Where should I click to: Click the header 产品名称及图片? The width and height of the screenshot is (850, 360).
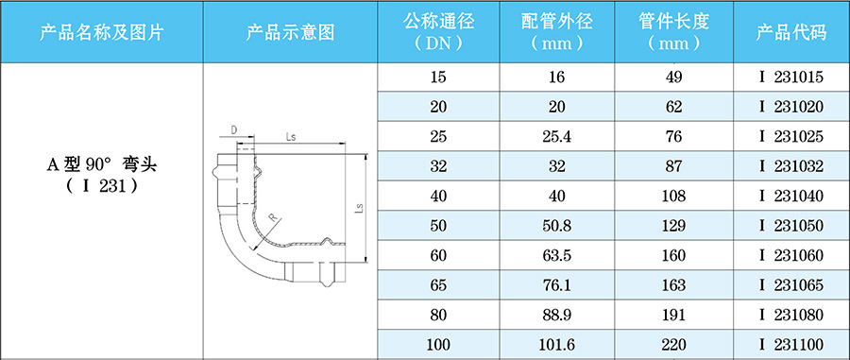102,32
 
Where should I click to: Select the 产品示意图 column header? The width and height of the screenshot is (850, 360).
291,32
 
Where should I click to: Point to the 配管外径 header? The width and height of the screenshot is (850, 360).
556,32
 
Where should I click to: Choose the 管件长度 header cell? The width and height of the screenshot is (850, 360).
673,32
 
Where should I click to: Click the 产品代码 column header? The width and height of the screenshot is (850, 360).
790,32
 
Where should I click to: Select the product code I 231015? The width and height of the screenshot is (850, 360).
791,78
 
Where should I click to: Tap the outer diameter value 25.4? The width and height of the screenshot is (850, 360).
556,138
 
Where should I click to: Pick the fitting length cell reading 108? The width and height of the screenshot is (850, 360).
673,197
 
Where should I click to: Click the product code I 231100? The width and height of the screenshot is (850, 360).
791,345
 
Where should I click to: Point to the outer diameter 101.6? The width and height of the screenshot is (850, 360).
556,345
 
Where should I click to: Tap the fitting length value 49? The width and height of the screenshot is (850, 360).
673,78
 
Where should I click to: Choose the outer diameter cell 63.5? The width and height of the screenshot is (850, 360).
556,256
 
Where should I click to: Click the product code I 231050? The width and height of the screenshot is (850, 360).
791,227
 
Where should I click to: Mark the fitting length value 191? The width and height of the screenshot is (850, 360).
673,316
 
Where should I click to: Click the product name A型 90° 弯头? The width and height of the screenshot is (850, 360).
102,164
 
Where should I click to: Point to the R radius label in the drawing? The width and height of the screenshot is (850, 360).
273,218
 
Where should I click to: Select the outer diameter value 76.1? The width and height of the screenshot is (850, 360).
556,285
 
